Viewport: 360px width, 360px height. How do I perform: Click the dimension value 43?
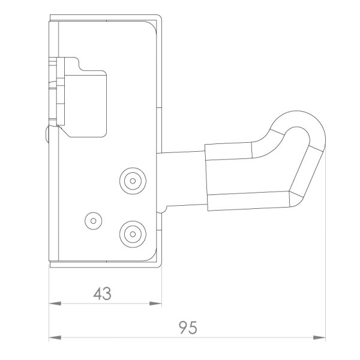coord(103,293)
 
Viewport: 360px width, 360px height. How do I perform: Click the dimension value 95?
coord(188,328)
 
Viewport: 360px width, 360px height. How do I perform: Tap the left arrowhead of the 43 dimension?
coord(55,304)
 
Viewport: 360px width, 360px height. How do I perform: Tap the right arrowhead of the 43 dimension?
coord(155,304)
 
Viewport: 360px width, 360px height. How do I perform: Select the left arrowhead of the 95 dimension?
coord(55,338)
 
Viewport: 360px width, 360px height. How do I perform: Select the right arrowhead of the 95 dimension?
coord(319,338)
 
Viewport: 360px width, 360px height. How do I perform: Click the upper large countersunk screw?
coord(133,181)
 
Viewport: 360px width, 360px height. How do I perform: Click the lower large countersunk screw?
coord(133,234)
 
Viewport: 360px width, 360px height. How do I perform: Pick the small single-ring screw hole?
coord(94,221)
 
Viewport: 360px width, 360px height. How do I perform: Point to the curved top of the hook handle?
coord(298,118)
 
